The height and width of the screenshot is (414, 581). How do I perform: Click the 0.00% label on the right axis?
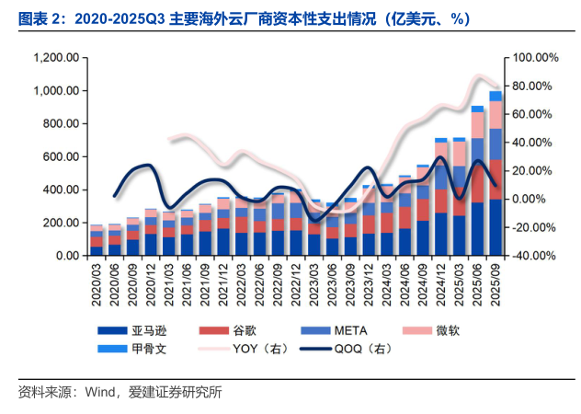[x=527, y=200]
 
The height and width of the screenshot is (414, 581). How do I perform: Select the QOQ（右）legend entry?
[x=368, y=349]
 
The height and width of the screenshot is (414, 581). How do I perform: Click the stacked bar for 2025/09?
[x=496, y=175]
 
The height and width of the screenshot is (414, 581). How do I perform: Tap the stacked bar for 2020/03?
[x=96, y=240]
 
